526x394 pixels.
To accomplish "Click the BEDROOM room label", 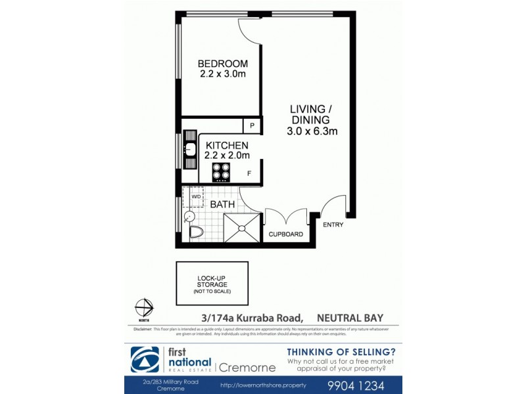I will pyautogui.click(x=223, y=64).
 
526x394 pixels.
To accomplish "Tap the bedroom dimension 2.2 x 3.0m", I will pyautogui.click(x=223, y=74).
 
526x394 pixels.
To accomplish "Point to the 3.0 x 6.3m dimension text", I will pyautogui.click(x=312, y=131).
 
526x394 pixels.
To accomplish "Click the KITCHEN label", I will pyautogui.click(x=227, y=145).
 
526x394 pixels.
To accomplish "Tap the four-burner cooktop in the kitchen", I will pyautogui.click(x=221, y=172).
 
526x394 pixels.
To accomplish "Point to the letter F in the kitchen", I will pyautogui.click(x=249, y=174).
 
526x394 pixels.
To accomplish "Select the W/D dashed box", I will pyautogui.click(x=196, y=196).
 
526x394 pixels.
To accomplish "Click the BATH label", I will pyautogui.click(x=222, y=205).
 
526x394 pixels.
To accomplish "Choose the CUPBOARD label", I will pyautogui.click(x=286, y=234).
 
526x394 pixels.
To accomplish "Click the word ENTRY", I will pyautogui.click(x=333, y=225).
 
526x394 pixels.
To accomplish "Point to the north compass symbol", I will pyautogui.click(x=143, y=308).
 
